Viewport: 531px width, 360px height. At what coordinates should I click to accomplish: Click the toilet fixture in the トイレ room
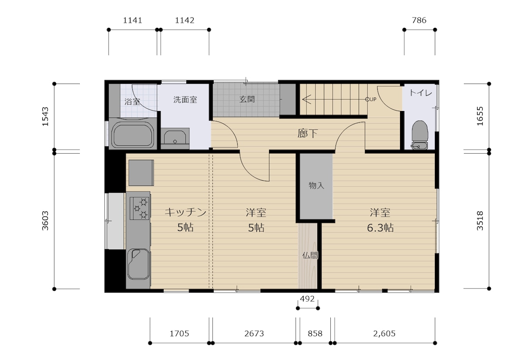tap(420, 135)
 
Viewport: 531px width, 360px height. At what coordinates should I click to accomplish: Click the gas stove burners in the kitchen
tap(140, 208)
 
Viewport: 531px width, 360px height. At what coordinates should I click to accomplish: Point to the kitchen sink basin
tap(139, 264)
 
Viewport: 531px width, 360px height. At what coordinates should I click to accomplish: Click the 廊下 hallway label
tap(307, 133)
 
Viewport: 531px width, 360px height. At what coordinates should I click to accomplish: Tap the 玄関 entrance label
tap(247, 99)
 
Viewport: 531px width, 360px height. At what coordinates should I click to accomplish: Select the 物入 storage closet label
tap(316, 185)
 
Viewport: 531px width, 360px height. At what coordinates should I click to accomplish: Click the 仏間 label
tap(310, 256)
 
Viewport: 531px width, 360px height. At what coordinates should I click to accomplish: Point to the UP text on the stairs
tap(373, 99)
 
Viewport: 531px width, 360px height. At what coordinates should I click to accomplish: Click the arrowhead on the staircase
tap(306, 99)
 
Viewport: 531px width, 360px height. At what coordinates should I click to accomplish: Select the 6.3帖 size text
tap(380, 228)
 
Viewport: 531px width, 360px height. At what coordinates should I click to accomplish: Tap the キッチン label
tap(185, 212)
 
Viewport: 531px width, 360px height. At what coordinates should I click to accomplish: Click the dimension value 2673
tap(254, 334)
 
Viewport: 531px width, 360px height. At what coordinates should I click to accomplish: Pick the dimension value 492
tap(307, 299)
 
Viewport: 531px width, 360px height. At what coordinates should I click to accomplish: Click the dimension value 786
tap(419, 20)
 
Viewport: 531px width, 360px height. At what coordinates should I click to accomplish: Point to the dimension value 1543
tap(45, 117)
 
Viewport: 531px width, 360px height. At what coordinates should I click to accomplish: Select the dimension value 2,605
tap(384, 334)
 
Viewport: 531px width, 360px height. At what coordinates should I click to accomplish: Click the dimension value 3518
tap(480, 221)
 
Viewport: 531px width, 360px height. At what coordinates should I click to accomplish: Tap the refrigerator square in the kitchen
tap(141, 173)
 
